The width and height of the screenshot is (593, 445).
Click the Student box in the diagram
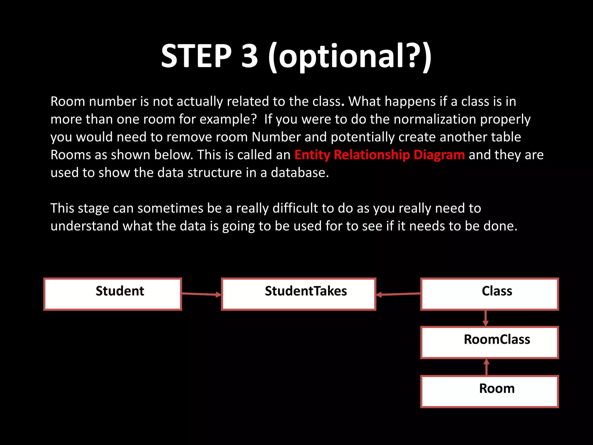coord(113,294)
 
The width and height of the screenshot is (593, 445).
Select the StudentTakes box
coord(299,294)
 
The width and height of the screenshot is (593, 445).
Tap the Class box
coord(489,294)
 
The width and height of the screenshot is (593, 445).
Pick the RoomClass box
coord(489,342)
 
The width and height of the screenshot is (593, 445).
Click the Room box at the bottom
coord(489,391)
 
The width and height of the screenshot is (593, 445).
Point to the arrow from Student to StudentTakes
coord(201,294)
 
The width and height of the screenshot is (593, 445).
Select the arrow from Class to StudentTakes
coord(398,294)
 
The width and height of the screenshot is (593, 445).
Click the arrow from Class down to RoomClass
coord(486,318)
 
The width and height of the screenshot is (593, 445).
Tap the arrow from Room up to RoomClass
coord(486,367)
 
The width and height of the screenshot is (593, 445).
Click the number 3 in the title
coord(249,56)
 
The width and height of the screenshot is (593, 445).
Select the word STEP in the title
coord(196,56)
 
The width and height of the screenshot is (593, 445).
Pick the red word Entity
coord(312,155)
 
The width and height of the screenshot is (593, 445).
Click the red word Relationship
coord(372,155)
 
